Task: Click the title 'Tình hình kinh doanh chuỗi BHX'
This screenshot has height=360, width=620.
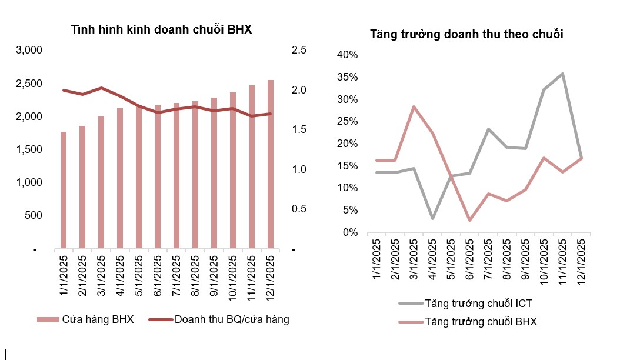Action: click(161, 29)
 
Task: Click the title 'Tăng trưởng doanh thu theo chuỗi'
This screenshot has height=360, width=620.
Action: click(466, 34)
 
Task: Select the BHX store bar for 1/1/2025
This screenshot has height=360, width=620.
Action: click(64, 189)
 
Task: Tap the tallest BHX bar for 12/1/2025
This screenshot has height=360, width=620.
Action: click(271, 164)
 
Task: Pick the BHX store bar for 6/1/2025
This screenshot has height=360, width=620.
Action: click(158, 176)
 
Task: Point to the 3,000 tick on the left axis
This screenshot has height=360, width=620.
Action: click(29, 51)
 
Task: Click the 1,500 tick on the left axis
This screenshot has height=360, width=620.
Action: click(29, 149)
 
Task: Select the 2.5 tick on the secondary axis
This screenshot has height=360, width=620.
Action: click(299, 51)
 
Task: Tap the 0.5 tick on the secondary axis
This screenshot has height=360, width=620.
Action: click(299, 209)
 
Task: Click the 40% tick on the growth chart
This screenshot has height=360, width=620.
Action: click(346, 55)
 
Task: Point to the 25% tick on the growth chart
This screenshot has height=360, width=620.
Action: click(346, 122)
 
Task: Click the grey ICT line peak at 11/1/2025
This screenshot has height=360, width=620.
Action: click(562, 74)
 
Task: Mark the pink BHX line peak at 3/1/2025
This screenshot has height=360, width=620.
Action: click(414, 106)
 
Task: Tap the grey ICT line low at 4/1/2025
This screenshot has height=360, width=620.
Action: click(432, 219)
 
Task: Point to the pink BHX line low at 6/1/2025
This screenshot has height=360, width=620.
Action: click(469, 220)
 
